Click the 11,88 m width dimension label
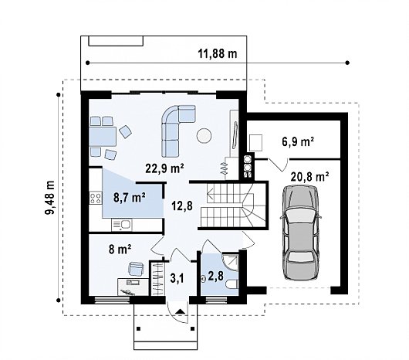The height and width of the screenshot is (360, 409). tap(218, 54)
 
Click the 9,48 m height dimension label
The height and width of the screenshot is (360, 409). tap(49, 197)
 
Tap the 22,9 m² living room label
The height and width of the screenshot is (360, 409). tap(164, 168)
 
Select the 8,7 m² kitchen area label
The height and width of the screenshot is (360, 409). tap(130, 197)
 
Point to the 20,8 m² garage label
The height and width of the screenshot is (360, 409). tap(309, 177)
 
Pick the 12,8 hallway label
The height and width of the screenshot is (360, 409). tap(182, 205)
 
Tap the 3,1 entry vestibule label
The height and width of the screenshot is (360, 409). tap(177, 278)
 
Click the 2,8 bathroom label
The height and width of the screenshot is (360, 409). tap(216, 276)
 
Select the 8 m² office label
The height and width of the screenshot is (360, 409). tap(120, 249)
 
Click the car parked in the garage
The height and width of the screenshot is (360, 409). tap(301, 233)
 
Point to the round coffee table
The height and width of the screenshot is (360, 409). tap(204, 136)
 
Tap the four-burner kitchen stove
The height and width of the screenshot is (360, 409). tap(95, 198)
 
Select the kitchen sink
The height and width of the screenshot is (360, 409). tap(122, 225)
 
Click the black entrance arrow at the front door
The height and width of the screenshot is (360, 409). tap(180, 311)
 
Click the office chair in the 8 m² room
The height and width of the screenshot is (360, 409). tap(136, 269)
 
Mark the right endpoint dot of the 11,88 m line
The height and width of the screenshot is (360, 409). tap(347, 63)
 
